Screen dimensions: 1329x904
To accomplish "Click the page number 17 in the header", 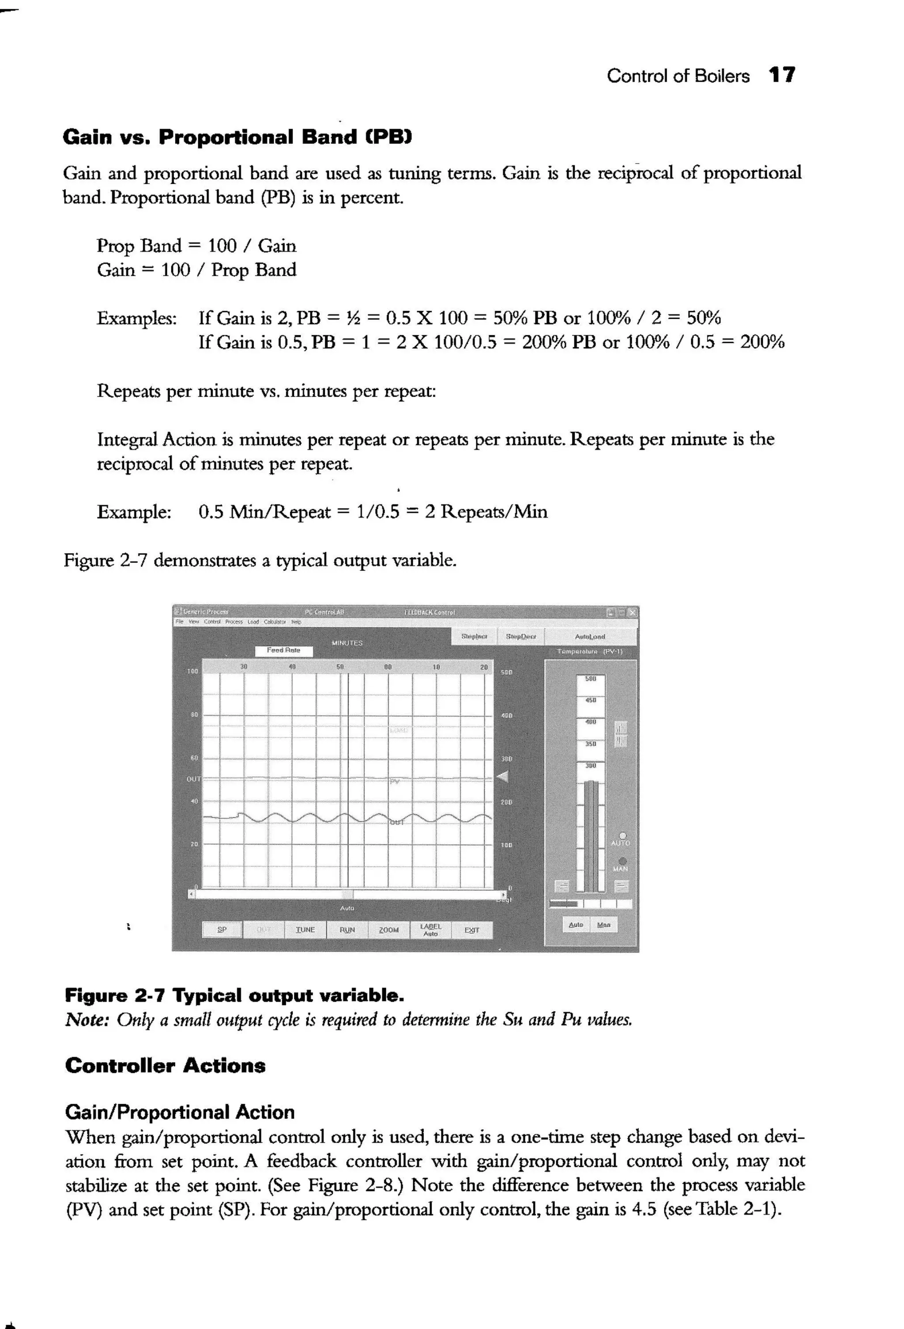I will pyautogui.click(x=781, y=76).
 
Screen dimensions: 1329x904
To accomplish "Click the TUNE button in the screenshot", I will pyautogui.click(x=305, y=930).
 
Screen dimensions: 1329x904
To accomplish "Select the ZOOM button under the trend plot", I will pyautogui.click(x=388, y=930).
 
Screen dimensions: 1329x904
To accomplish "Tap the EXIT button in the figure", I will pyautogui.click(x=471, y=930).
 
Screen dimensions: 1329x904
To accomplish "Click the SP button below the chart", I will pyautogui.click(x=222, y=930).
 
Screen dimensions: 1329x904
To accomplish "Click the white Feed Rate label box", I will pyautogui.click(x=283, y=650).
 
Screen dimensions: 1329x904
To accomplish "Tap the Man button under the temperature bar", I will pyautogui.click(x=603, y=925).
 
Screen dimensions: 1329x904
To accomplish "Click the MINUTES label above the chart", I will pyautogui.click(x=347, y=643).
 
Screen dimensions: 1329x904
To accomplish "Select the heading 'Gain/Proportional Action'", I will pyautogui.click(x=180, y=1112).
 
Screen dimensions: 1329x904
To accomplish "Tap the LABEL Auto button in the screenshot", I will pyautogui.click(x=430, y=930).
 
